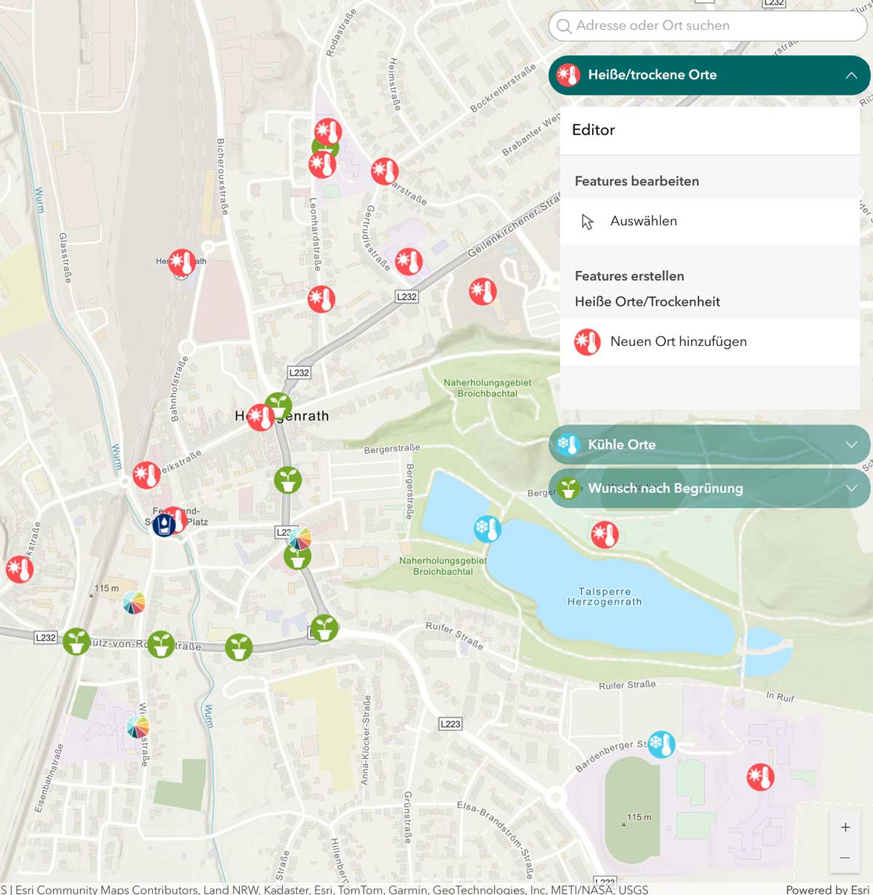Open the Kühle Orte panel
coord(709,445)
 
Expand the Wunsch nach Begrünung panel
coord(709,489)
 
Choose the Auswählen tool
coord(643,221)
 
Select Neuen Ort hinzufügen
coord(677,342)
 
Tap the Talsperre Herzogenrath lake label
coord(605,597)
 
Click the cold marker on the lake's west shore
coord(487,529)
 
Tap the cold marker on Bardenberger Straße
coord(661,744)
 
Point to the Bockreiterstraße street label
coord(503,88)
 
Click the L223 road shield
coord(450,724)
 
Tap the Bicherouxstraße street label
coord(222,176)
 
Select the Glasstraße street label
coord(65,258)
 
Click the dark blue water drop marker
coord(164,524)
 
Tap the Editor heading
coord(593,130)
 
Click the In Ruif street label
coord(780,697)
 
